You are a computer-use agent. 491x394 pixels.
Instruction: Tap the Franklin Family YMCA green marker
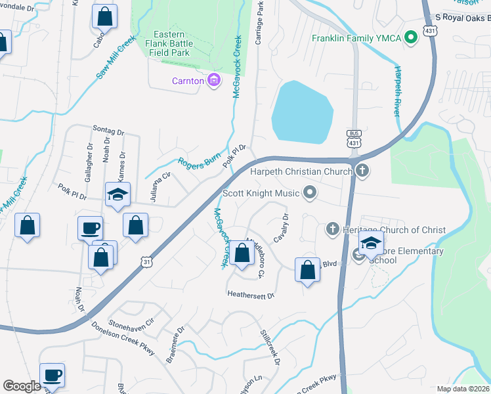tap(412, 37)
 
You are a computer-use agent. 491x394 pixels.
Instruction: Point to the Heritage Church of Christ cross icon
tap(332, 229)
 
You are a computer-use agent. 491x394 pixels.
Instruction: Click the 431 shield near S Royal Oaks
tap(430, 31)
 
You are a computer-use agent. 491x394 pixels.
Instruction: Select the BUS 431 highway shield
tap(354, 139)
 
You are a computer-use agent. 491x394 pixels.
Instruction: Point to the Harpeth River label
tap(397, 91)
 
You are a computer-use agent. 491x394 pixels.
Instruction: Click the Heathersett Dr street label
tap(250, 295)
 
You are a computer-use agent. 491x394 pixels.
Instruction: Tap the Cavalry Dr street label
tap(280, 227)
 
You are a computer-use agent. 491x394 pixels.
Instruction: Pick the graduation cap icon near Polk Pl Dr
tap(118, 194)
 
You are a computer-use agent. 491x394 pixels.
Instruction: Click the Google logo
tap(22, 386)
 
